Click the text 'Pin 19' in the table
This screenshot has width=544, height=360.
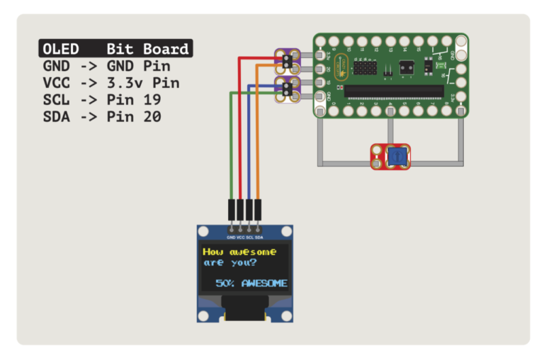(x=134, y=99)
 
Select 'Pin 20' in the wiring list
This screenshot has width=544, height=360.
(x=134, y=116)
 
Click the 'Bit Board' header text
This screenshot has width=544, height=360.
(x=147, y=49)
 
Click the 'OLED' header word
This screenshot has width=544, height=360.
(x=61, y=49)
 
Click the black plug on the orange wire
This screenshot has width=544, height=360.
(x=258, y=209)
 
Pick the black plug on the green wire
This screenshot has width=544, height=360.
(x=231, y=209)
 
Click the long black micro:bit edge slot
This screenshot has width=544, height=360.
(x=395, y=91)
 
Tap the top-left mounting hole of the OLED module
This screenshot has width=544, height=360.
(x=203, y=232)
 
